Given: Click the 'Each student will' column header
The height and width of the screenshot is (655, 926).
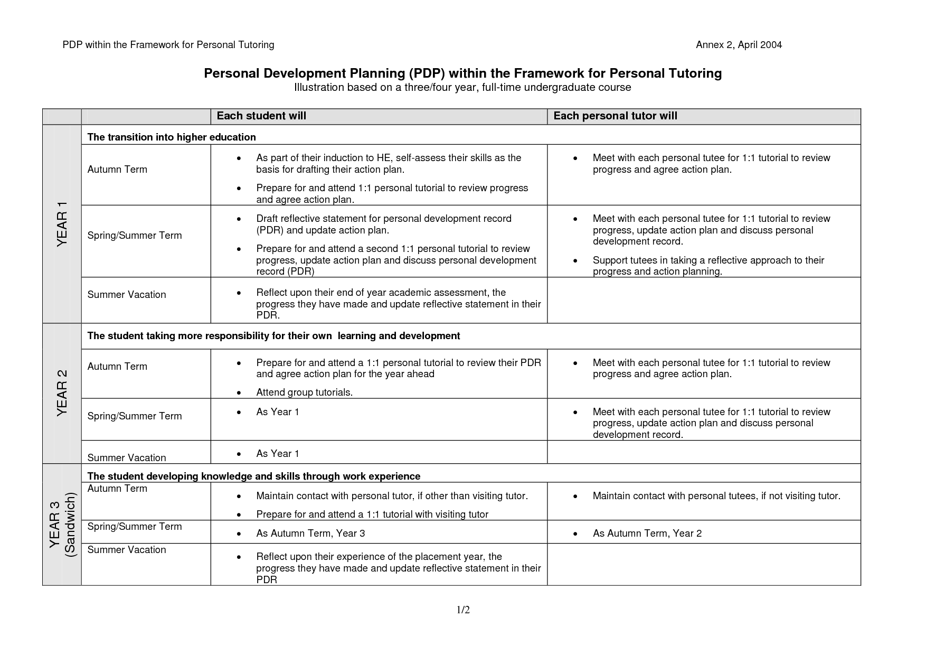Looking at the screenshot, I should click(x=261, y=116).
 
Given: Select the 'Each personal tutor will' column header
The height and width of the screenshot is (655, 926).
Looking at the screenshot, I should click(x=615, y=116).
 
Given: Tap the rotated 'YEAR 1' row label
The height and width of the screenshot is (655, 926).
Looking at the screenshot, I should click(x=62, y=223).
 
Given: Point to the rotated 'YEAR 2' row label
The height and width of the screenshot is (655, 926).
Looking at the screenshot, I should click(x=62, y=392).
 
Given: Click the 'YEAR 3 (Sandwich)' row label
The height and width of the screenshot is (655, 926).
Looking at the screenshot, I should click(x=63, y=524).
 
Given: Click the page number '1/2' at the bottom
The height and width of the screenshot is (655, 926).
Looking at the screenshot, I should click(x=463, y=610).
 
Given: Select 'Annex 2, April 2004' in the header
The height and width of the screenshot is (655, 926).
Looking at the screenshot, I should click(x=739, y=45).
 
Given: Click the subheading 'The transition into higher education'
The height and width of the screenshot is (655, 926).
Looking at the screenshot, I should click(x=172, y=137).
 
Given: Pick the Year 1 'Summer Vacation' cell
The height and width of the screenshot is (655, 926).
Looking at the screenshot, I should click(x=127, y=295).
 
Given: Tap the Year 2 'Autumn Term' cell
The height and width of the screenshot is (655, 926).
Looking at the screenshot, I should click(x=117, y=367).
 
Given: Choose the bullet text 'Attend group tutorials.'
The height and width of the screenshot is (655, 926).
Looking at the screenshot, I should click(x=304, y=392).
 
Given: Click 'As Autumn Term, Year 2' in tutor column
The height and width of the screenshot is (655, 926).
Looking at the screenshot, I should click(x=647, y=534).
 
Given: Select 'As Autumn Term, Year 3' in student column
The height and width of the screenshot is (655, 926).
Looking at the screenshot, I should click(x=310, y=534).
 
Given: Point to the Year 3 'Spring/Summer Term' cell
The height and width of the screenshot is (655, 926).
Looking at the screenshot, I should click(x=134, y=527).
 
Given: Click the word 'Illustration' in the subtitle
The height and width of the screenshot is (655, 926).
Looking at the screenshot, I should click(x=319, y=87).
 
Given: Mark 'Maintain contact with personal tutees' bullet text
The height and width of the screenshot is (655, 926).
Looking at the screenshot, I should click(x=716, y=496).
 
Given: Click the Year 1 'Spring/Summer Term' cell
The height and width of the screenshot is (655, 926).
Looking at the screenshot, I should click(x=134, y=236).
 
